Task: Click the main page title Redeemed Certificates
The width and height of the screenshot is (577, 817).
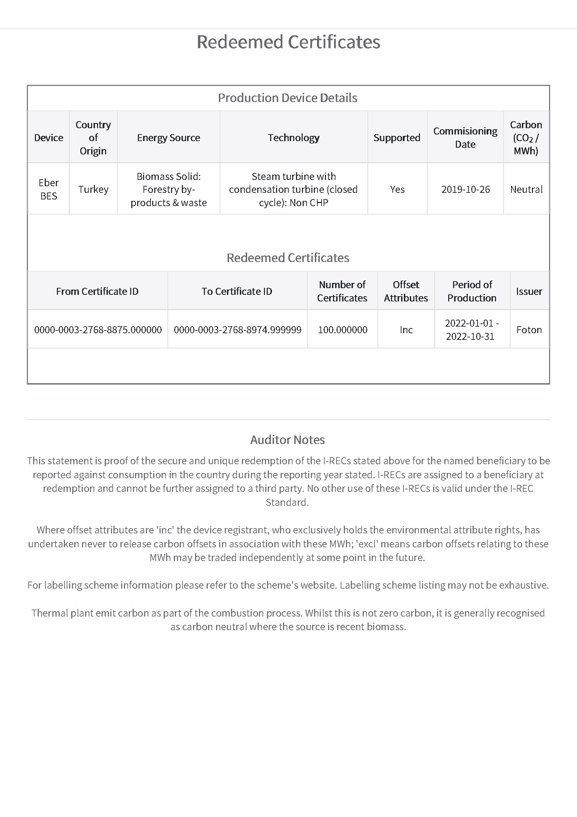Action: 288,42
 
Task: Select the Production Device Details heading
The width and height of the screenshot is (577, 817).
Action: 288,98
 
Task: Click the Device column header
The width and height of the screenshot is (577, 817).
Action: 49,138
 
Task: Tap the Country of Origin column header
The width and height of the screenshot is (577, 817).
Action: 93,138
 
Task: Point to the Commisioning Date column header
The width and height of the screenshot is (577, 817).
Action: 465,138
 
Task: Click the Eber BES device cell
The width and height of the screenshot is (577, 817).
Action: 49,189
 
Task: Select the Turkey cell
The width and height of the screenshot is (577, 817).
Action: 93,189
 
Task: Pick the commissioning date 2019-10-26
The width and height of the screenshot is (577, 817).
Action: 465,189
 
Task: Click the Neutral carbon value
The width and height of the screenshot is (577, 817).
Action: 526,189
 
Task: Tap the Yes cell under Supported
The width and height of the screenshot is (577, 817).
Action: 397,189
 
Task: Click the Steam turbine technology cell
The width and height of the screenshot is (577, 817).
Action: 293,189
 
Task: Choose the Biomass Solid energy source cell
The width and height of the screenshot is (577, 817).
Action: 169,189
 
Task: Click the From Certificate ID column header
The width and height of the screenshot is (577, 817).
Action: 97,291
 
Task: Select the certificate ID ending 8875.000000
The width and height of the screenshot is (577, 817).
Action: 98,330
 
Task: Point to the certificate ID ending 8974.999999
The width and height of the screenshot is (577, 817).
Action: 237,330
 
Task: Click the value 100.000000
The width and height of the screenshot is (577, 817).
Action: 342,330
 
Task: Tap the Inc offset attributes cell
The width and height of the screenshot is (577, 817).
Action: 406,330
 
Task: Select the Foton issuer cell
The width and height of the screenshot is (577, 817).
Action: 529,330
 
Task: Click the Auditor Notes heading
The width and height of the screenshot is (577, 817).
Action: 288,440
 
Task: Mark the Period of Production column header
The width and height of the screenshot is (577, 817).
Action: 472,291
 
